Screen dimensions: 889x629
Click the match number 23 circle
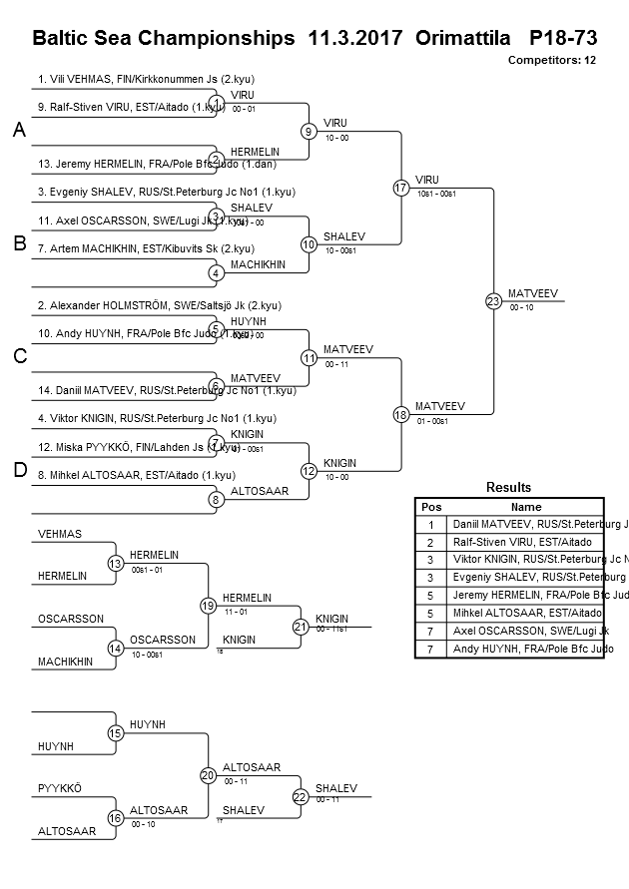pyautogui.click(x=493, y=300)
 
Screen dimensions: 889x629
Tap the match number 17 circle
pyautogui.click(x=401, y=188)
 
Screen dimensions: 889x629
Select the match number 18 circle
pyautogui.click(x=401, y=414)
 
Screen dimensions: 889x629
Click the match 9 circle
pyautogui.click(x=310, y=131)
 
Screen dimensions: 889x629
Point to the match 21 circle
pyautogui.click(x=301, y=627)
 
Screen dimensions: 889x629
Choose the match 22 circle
pyautogui.click(x=301, y=796)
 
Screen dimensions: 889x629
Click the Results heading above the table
pyautogui.click(x=508, y=488)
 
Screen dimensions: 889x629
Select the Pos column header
pyautogui.click(x=431, y=506)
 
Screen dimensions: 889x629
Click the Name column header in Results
pyautogui.click(x=526, y=506)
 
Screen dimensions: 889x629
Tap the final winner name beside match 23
pyautogui.click(x=532, y=293)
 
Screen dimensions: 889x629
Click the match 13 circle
pyautogui.click(x=116, y=564)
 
